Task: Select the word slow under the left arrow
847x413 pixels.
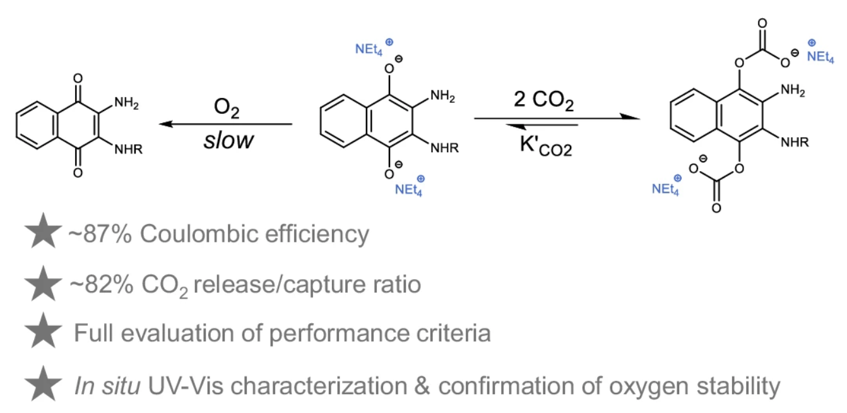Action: [x=228, y=140]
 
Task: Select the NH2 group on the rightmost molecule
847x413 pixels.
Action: [x=793, y=92]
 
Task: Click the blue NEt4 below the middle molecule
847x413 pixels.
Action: [x=409, y=188]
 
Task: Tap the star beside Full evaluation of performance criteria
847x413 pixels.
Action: [x=45, y=333]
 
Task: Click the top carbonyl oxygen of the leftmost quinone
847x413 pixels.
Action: [x=78, y=79]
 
